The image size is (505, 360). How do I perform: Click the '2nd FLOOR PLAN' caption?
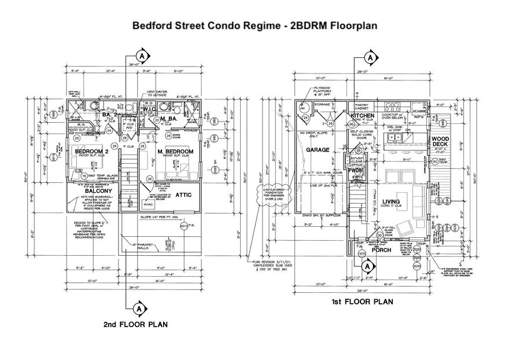coord(135,325)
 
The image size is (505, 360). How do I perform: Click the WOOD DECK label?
coord(441,142)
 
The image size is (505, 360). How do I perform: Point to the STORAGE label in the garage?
coord(322,105)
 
